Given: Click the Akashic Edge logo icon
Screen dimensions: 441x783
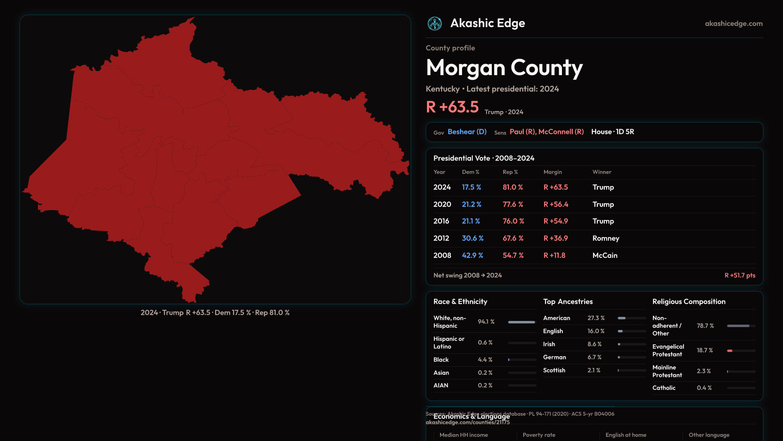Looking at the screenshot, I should click(x=434, y=24).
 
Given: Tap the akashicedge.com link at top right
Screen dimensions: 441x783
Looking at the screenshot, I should click(x=734, y=24).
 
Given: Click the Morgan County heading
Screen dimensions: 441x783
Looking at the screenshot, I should click(x=504, y=68).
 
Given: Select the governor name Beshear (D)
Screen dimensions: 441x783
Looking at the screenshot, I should click(x=467, y=132).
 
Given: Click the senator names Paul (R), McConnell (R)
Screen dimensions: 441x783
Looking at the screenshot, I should click(x=546, y=132).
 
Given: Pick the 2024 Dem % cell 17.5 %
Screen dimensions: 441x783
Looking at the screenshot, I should click(x=471, y=187).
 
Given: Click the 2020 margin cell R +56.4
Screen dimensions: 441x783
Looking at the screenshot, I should click(x=555, y=205).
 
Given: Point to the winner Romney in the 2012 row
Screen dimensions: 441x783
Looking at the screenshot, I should click(x=606, y=238).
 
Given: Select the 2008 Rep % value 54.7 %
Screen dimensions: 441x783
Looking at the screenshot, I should click(x=513, y=256).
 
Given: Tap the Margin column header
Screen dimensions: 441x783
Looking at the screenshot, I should click(x=553, y=172).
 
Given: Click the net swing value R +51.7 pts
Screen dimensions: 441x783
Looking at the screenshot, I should click(x=739, y=276).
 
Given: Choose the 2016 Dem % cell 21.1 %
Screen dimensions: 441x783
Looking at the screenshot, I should click(x=471, y=221).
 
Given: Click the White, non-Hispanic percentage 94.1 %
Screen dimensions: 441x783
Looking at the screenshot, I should click(x=486, y=322).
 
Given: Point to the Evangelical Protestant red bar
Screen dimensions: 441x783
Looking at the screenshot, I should click(x=730, y=351).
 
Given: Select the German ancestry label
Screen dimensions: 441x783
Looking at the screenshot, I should click(x=554, y=357).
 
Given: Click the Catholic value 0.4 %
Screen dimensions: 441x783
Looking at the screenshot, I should click(x=704, y=388).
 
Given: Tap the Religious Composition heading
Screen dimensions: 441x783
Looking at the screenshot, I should click(x=689, y=302).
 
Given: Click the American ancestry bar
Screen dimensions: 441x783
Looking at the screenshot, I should click(x=622, y=318).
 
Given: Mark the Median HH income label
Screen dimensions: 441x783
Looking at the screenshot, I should click(x=464, y=435).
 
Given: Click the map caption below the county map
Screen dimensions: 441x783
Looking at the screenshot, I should click(x=215, y=313).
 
